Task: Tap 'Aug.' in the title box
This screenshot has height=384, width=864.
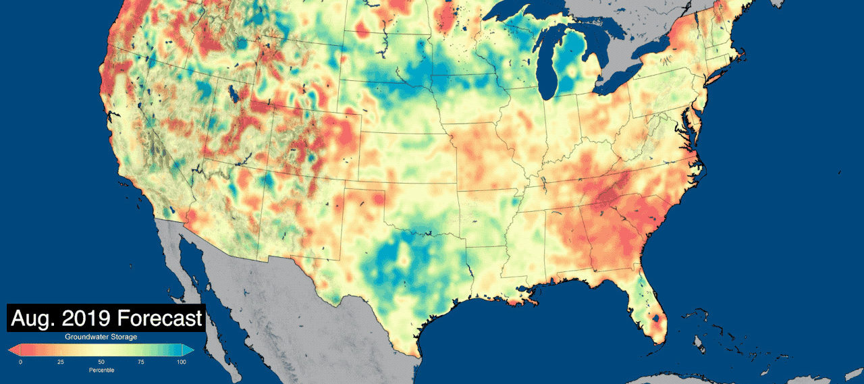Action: point(34,318)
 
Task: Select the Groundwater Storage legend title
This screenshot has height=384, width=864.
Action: point(101,336)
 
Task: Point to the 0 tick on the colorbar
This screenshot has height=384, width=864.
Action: point(20,362)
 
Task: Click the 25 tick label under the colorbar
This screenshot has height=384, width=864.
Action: point(61,362)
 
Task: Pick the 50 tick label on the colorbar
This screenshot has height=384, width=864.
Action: point(101,362)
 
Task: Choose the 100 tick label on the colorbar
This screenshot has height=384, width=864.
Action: point(181,362)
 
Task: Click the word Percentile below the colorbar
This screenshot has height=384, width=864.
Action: point(101,371)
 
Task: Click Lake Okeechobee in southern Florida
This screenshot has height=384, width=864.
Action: point(655,315)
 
